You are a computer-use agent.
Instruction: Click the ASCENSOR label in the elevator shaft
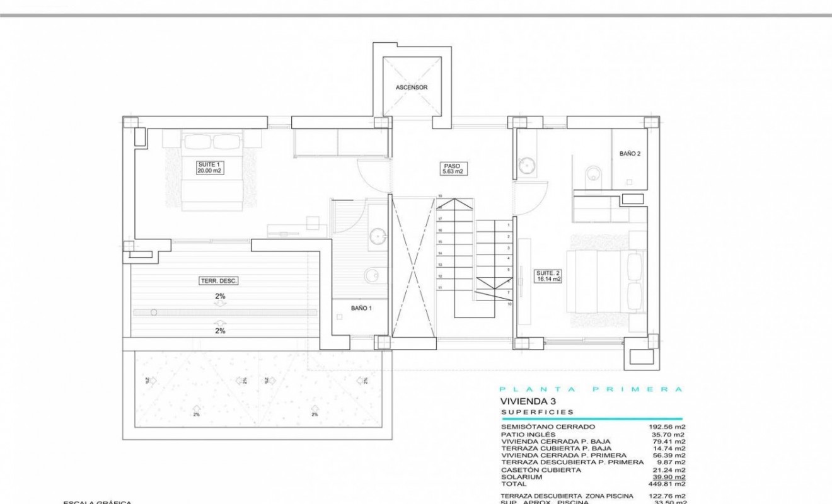412,88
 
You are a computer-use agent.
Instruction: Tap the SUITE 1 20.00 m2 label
211,167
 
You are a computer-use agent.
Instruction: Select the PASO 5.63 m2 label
452,168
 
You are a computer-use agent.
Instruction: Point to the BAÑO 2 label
630,153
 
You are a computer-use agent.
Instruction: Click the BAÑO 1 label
362,308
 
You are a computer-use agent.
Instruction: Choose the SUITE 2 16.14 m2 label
548,275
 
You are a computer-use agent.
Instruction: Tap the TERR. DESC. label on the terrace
219,281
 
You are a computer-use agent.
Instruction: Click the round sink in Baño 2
527,165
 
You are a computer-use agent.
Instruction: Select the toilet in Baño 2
593,174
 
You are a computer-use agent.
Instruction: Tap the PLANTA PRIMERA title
591,389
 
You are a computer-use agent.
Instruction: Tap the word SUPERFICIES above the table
537,412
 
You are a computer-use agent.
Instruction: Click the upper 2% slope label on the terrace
220,295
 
